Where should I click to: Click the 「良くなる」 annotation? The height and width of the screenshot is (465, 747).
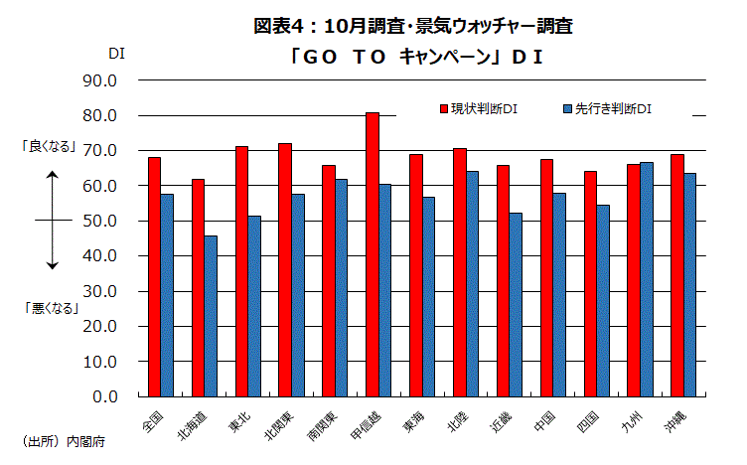pyautogui.click(x=51, y=146)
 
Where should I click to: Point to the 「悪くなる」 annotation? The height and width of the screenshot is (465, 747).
pyautogui.click(x=51, y=308)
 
